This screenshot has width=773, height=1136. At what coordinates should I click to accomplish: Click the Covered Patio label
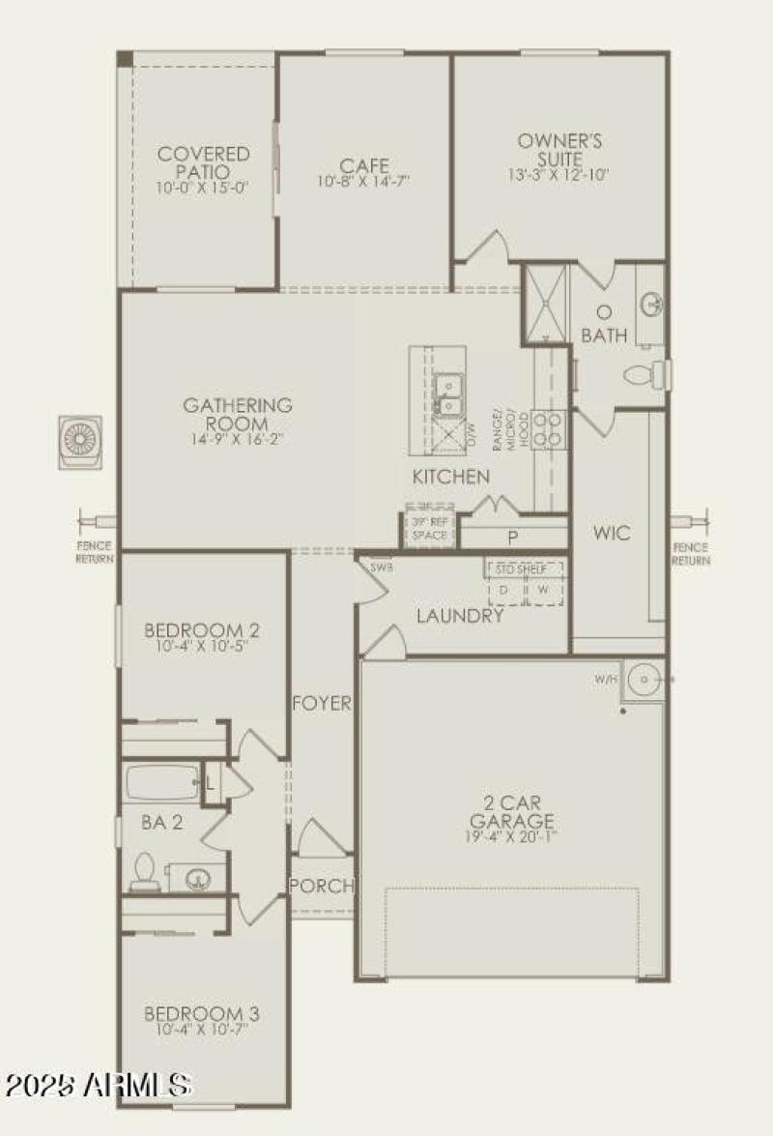tap(203, 161)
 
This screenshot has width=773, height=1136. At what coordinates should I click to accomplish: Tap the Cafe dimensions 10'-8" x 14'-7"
tap(363, 182)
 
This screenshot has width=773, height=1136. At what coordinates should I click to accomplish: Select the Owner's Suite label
tap(559, 149)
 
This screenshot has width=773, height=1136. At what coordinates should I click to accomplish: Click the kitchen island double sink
tap(447, 394)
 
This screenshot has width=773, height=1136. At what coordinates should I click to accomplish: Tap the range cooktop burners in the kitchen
tap(548, 428)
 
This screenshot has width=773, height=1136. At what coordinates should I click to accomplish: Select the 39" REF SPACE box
tap(429, 527)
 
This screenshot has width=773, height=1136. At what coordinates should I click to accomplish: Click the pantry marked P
tap(513, 537)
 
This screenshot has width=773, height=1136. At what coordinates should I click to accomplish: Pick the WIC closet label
tap(612, 533)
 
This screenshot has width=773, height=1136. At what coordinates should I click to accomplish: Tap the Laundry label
tap(460, 616)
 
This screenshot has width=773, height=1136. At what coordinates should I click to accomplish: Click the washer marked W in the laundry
tap(543, 589)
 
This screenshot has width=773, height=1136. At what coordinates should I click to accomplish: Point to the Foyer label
tap(322, 704)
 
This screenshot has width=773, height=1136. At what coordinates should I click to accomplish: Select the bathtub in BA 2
tap(161, 782)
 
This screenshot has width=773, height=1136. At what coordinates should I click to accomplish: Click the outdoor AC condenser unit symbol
tap(80, 441)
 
